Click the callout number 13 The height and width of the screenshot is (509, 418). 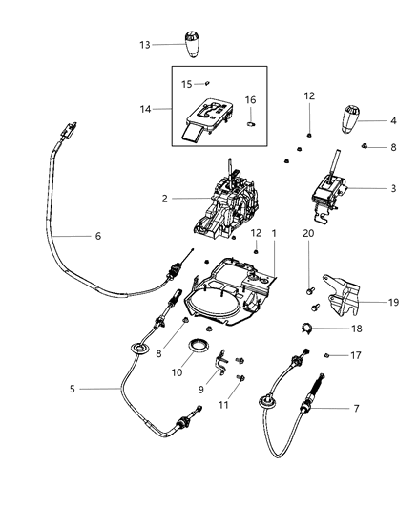pos(145,46)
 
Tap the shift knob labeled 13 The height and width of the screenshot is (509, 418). pos(190,44)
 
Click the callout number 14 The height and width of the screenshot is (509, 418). pos(145,110)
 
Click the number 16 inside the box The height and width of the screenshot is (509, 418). pos(251,98)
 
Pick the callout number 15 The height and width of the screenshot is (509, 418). pos(187,83)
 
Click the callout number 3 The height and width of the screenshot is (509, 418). pos(393,189)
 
